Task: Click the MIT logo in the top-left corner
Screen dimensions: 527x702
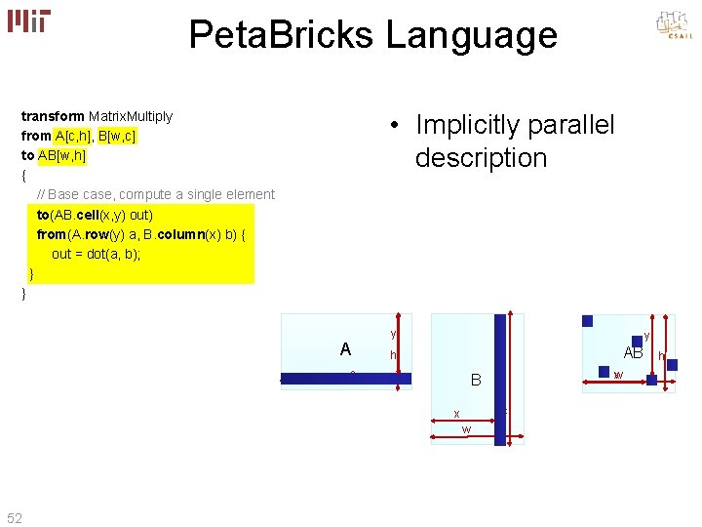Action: pyautogui.click(x=29, y=20)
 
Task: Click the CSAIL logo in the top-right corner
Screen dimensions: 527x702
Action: pyautogui.click(x=674, y=26)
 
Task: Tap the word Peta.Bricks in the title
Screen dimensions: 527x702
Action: pyautogui.click(x=281, y=36)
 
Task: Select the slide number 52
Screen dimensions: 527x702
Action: pyautogui.click(x=15, y=516)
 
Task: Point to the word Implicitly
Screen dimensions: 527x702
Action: pyautogui.click(x=460, y=126)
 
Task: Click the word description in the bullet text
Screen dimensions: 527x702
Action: pyautogui.click(x=481, y=158)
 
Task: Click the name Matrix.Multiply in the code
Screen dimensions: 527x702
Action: pyautogui.click(x=131, y=116)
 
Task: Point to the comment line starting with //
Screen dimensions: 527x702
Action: pyautogui.click(x=155, y=194)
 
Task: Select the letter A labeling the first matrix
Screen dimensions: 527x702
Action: pyautogui.click(x=345, y=349)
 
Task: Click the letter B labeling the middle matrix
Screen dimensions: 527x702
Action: pyautogui.click(x=476, y=380)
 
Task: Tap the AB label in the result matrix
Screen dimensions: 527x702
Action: pyautogui.click(x=633, y=353)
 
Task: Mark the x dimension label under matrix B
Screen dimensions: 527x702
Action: pyautogui.click(x=456, y=414)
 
